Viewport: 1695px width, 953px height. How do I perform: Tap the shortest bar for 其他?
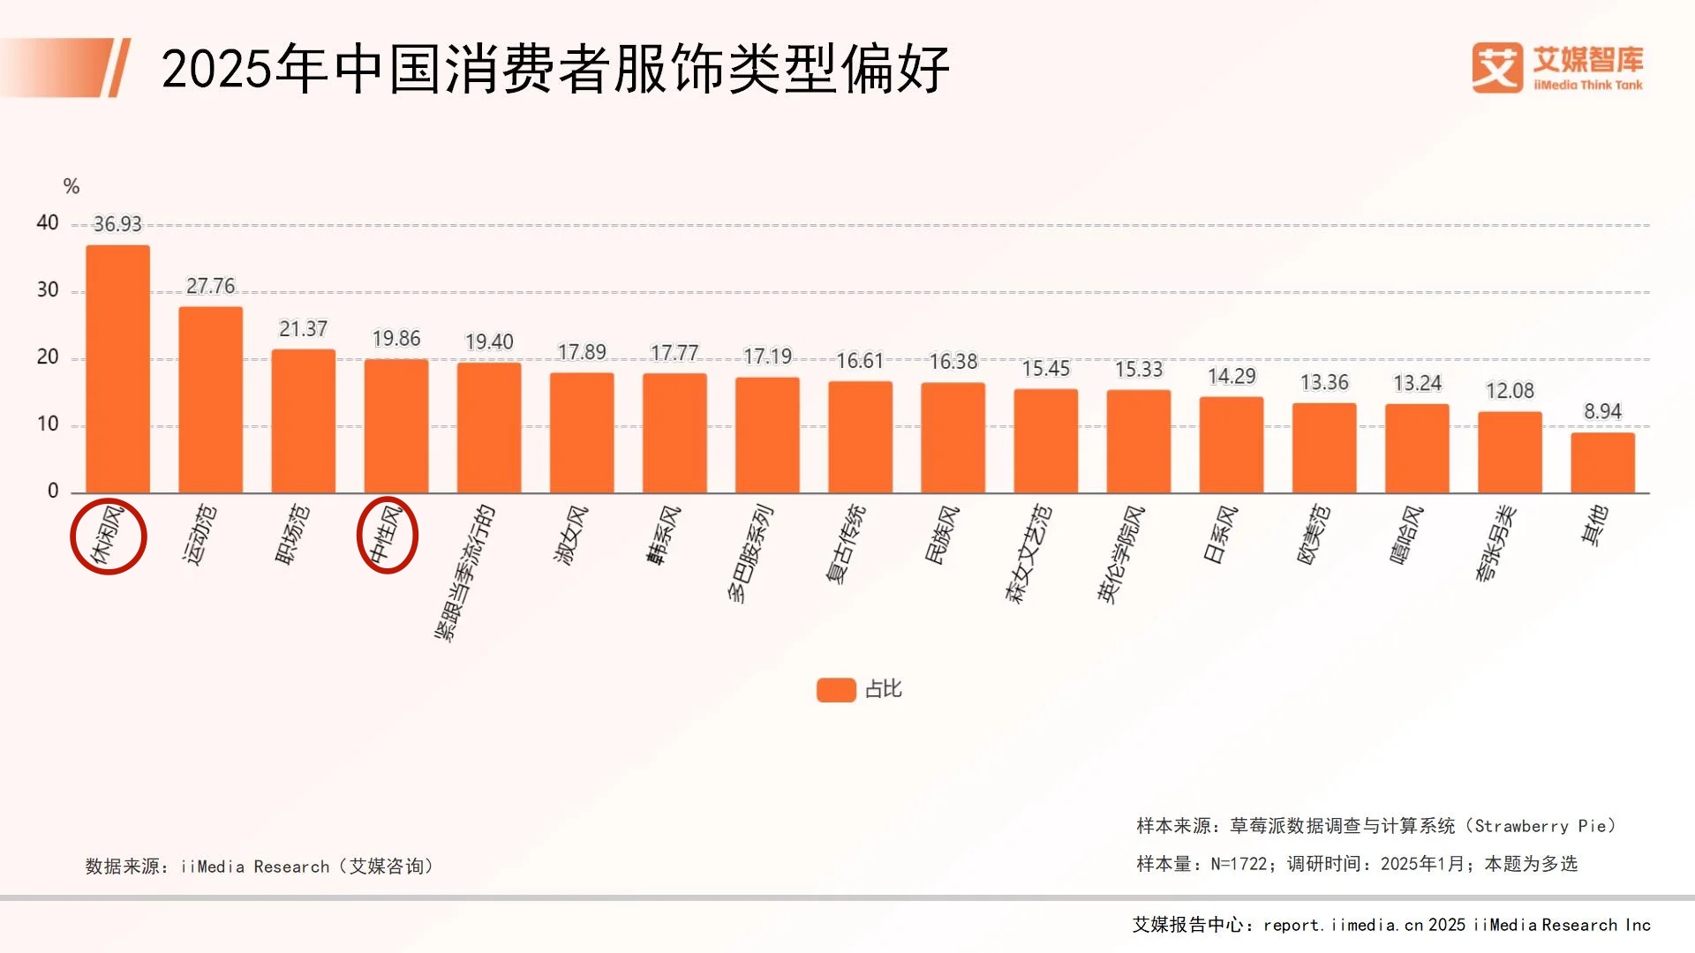(1602, 462)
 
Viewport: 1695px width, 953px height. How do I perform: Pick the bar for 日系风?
(1231, 445)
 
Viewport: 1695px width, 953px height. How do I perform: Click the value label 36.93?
(117, 224)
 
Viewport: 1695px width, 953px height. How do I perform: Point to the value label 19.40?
(489, 341)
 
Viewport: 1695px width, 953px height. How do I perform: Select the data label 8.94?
(1602, 411)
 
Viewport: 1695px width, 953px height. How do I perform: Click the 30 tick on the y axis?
(48, 289)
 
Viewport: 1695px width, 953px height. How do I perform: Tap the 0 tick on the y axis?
(53, 491)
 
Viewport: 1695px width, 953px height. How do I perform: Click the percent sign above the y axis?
(72, 186)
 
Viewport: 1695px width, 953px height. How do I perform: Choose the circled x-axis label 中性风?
(387, 535)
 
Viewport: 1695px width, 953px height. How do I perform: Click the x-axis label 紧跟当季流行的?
(464, 572)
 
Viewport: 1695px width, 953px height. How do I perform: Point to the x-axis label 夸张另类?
(1495, 543)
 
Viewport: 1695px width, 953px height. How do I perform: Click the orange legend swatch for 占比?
(836, 689)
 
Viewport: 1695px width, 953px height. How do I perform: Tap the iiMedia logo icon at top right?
(1497, 68)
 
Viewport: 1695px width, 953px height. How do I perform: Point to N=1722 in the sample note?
(1239, 864)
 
